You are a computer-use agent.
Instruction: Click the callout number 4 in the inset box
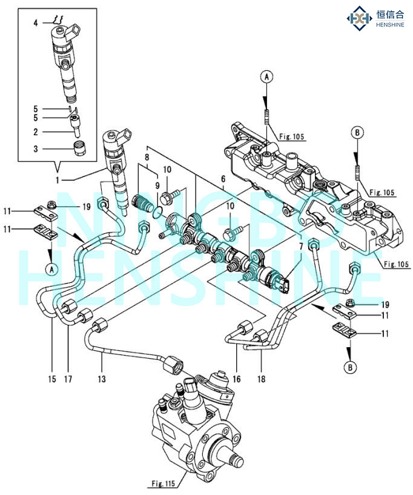pos(36,22)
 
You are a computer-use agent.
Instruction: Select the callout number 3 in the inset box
pos(36,148)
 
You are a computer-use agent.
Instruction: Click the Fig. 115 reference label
pos(160,483)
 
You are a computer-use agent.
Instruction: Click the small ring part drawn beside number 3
pos(77,147)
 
